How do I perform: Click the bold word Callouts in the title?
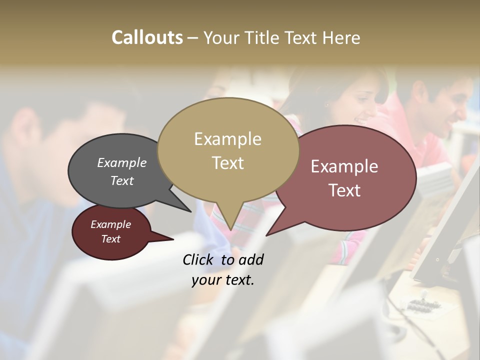point(147,37)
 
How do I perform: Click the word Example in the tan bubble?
point(227,139)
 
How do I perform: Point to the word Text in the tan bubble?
point(227,162)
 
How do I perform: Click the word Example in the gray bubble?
point(121,162)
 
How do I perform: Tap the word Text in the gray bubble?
point(121,180)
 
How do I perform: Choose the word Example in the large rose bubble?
point(344,166)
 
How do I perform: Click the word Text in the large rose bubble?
point(344,190)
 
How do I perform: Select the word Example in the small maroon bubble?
point(110,224)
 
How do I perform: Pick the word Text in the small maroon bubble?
point(110,239)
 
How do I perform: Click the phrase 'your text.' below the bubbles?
point(222,279)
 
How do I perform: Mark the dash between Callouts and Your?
point(193,38)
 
